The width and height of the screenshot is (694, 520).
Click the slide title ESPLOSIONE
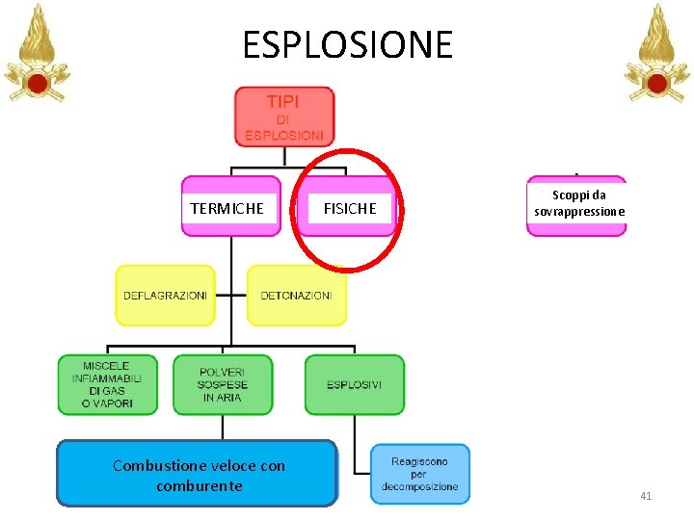pyautogui.click(x=347, y=44)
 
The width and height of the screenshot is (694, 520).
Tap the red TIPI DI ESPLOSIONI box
pyautogui.click(x=284, y=117)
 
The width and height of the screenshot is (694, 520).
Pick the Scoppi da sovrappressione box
pyautogui.click(x=576, y=204)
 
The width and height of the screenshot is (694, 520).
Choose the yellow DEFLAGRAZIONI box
pyautogui.click(x=165, y=295)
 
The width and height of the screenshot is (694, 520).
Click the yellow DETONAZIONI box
pyautogui.click(x=296, y=295)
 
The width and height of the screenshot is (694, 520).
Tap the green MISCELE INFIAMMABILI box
pyautogui.click(x=107, y=385)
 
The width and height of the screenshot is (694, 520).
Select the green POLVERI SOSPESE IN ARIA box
pyautogui.click(x=223, y=385)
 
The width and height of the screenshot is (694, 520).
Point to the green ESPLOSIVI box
pyautogui.click(x=354, y=385)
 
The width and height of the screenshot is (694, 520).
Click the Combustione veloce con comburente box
pyautogui.click(x=198, y=474)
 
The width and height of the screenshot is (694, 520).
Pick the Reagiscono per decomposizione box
pyautogui.click(x=420, y=474)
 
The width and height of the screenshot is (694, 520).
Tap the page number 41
pyautogui.click(x=646, y=496)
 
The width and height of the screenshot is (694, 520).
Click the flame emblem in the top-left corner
pyautogui.click(x=38, y=53)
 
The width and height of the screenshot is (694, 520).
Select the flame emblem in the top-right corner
pyautogui.click(x=656, y=53)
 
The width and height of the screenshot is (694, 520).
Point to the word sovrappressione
pyautogui.click(x=579, y=211)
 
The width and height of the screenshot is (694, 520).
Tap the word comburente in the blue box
pyautogui.click(x=199, y=485)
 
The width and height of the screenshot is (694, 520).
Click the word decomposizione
pyautogui.click(x=420, y=486)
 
